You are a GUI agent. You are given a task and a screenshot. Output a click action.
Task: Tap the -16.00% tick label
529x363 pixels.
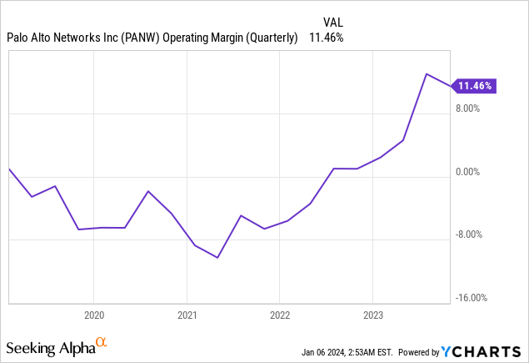469,298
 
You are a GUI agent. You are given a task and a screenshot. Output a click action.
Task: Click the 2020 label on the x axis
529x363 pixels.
94,315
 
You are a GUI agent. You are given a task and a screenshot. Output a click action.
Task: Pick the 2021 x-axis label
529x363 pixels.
187,315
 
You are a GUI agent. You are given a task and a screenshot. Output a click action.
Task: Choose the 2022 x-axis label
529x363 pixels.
279,315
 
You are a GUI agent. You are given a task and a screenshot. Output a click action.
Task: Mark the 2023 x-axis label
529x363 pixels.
372,315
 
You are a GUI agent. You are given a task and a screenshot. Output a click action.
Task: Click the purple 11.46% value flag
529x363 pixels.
474,85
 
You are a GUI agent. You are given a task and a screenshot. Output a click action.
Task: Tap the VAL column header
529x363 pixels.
332,22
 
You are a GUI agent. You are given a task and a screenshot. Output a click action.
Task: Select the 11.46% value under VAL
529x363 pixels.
326,38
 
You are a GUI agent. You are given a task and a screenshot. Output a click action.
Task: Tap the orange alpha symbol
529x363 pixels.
102,342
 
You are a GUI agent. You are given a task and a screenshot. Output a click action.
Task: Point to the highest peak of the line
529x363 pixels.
427,74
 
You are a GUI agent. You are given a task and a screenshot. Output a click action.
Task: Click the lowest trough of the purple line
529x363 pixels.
217,258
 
